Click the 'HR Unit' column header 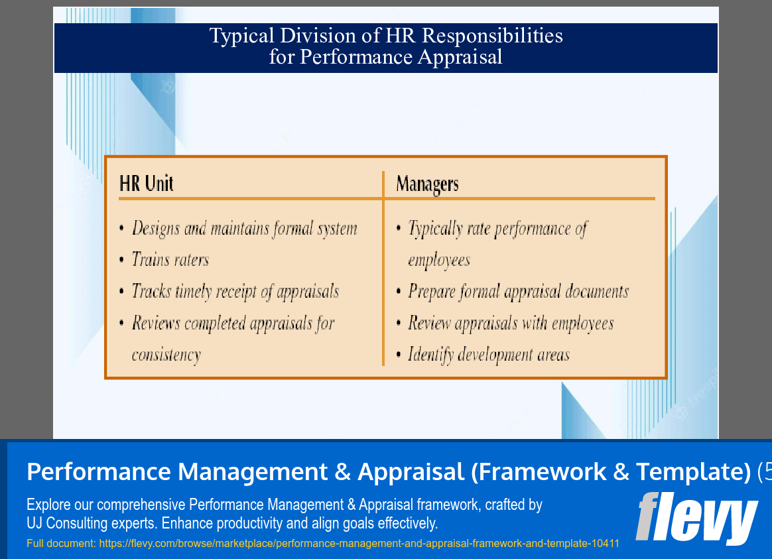coord(146,184)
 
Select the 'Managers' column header coord(427,184)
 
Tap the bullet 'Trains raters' coord(170,259)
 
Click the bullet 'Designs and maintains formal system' coord(244,229)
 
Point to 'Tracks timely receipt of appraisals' coord(235,291)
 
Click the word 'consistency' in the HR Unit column coord(166,355)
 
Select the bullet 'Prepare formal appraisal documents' coord(518,291)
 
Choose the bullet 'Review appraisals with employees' coord(511,323)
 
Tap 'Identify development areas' coord(489,355)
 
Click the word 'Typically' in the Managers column coord(435,229)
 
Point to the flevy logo coord(696,518)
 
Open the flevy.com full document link coord(359,544)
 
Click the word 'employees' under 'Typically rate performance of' coord(439,260)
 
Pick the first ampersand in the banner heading coord(342,471)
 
